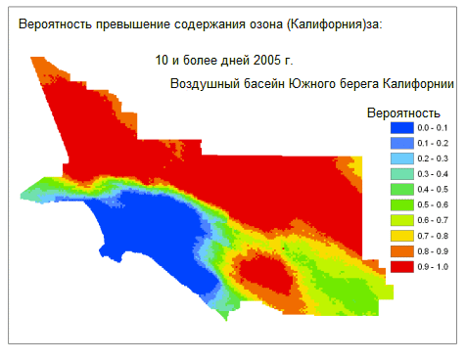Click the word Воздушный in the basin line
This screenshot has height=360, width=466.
pyautogui.click(x=202, y=84)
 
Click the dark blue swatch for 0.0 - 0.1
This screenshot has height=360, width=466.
pyautogui.click(x=401, y=128)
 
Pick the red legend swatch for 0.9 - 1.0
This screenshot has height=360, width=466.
pyautogui.click(x=401, y=265)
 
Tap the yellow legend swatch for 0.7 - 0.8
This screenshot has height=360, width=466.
pyautogui.click(x=401, y=235)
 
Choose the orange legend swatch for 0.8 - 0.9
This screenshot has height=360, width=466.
pyautogui.click(x=401, y=250)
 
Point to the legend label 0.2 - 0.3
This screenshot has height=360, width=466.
pyautogui.click(x=432, y=158)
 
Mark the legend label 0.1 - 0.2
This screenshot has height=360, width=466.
pyautogui.click(x=432, y=144)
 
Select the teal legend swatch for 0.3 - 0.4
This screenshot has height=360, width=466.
pyautogui.click(x=401, y=174)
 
